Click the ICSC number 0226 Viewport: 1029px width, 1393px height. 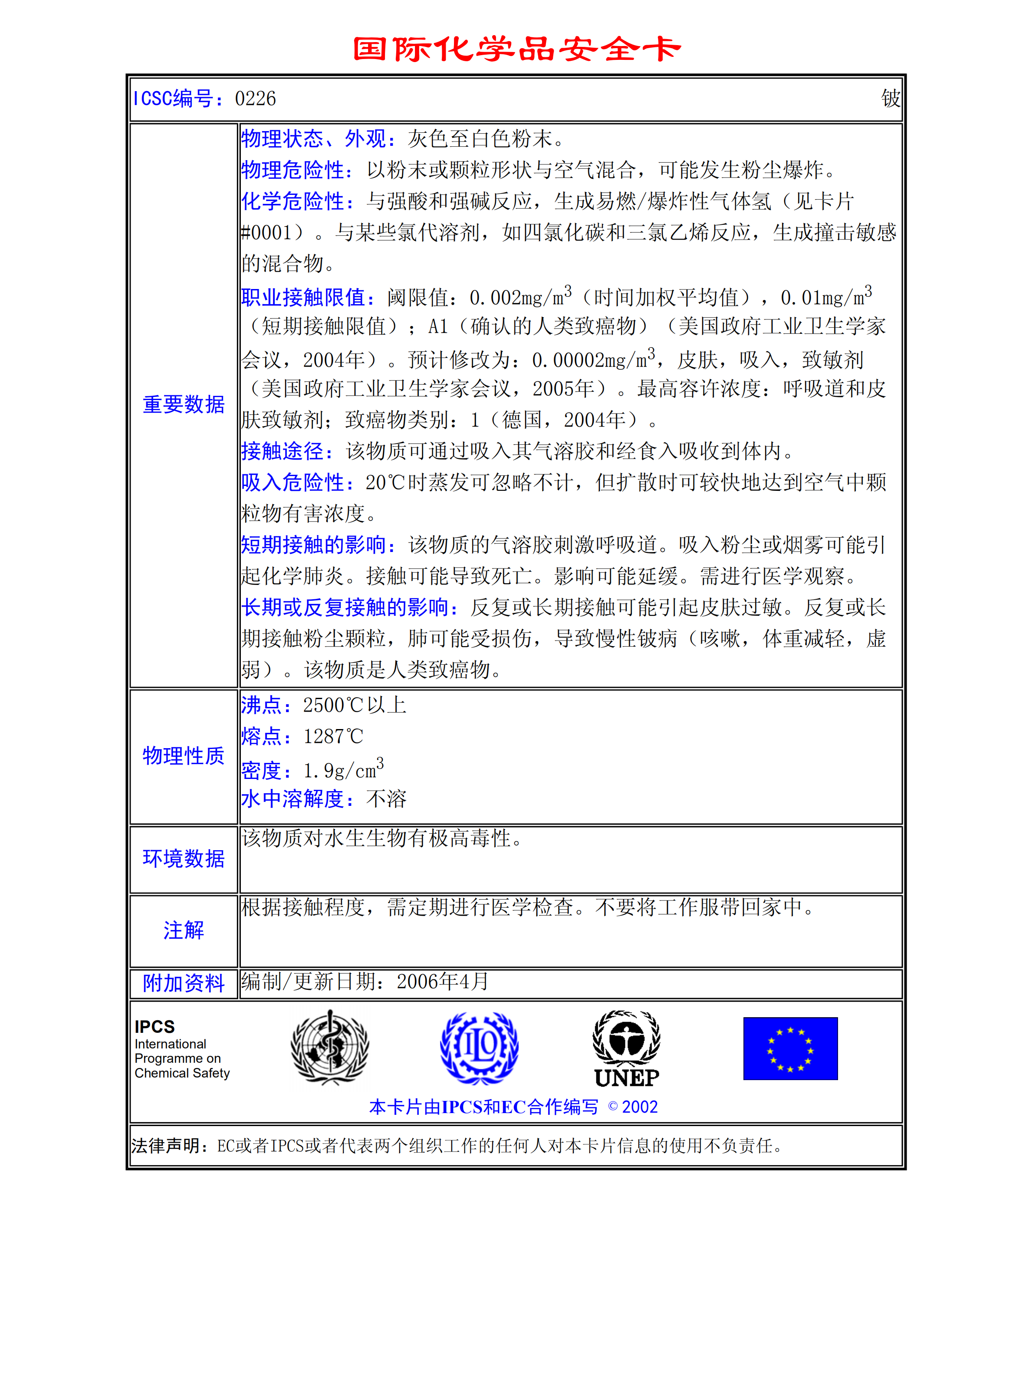click(255, 99)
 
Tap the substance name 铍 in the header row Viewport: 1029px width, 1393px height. click(890, 99)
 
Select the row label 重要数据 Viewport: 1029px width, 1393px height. click(184, 405)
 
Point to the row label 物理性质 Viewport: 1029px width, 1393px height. click(184, 756)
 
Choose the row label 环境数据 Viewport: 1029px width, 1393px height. click(184, 859)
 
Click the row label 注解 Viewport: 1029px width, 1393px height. click(184, 930)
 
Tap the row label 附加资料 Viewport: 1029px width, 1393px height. click(184, 983)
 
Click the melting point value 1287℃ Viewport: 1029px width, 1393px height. click(333, 737)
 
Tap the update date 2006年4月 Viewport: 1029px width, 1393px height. click(442, 982)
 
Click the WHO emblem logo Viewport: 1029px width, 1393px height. click(330, 1048)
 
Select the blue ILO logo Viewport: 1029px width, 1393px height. click(479, 1048)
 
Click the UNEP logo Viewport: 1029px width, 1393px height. click(627, 1049)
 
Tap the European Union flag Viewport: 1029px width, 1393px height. click(790, 1048)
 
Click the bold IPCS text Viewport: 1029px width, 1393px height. click(155, 1027)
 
